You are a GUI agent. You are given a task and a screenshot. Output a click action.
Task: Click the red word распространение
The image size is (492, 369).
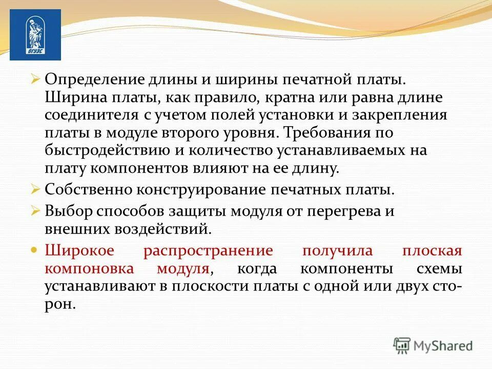point(208,251)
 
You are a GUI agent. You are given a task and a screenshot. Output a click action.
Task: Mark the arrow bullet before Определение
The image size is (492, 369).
point(35,79)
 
